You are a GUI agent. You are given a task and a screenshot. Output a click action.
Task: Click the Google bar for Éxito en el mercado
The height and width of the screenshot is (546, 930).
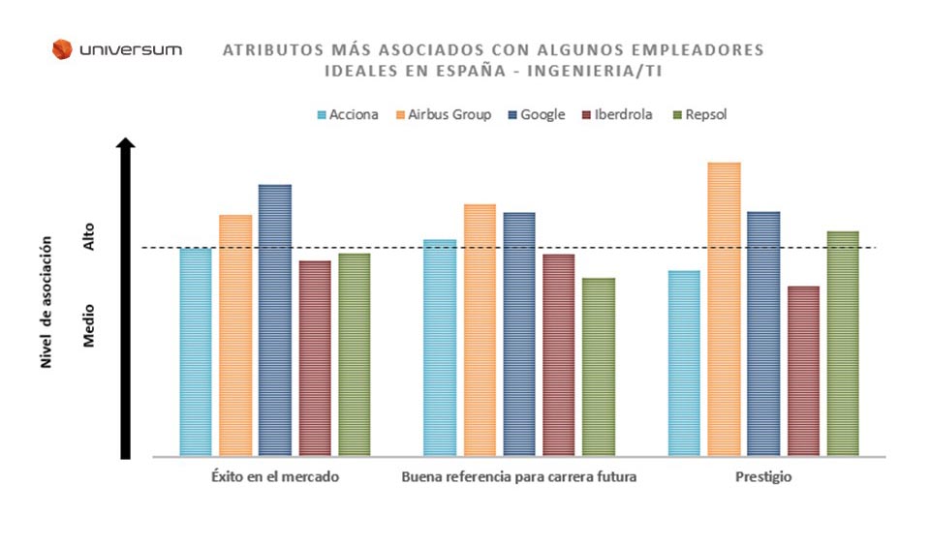(275, 319)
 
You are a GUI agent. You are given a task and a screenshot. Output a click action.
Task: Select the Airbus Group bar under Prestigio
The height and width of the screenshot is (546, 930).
(725, 309)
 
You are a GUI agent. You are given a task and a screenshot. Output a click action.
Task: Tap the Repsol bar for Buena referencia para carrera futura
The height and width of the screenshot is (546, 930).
(599, 367)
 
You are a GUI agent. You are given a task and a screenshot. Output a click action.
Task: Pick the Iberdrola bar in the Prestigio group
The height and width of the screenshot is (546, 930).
(803, 371)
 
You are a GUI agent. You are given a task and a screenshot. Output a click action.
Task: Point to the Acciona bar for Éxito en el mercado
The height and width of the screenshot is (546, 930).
(196, 351)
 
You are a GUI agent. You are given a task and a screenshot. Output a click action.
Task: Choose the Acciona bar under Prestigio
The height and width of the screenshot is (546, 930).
(685, 363)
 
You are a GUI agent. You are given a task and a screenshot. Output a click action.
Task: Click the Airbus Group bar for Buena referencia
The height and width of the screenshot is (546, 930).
(480, 329)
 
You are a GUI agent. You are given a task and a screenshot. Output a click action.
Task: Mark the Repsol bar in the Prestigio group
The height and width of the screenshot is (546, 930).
(843, 343)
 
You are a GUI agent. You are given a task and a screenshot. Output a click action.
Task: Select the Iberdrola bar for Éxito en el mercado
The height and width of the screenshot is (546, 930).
(315, 357)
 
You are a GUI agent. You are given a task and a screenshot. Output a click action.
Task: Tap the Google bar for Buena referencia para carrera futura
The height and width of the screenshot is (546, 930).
(519, 334)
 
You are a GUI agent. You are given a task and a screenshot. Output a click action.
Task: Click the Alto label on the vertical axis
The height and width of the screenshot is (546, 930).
(89, 238)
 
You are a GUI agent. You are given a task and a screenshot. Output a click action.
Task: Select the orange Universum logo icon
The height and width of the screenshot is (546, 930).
(62, 48)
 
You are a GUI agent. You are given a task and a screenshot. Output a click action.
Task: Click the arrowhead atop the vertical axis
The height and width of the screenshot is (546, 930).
(125, 144)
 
